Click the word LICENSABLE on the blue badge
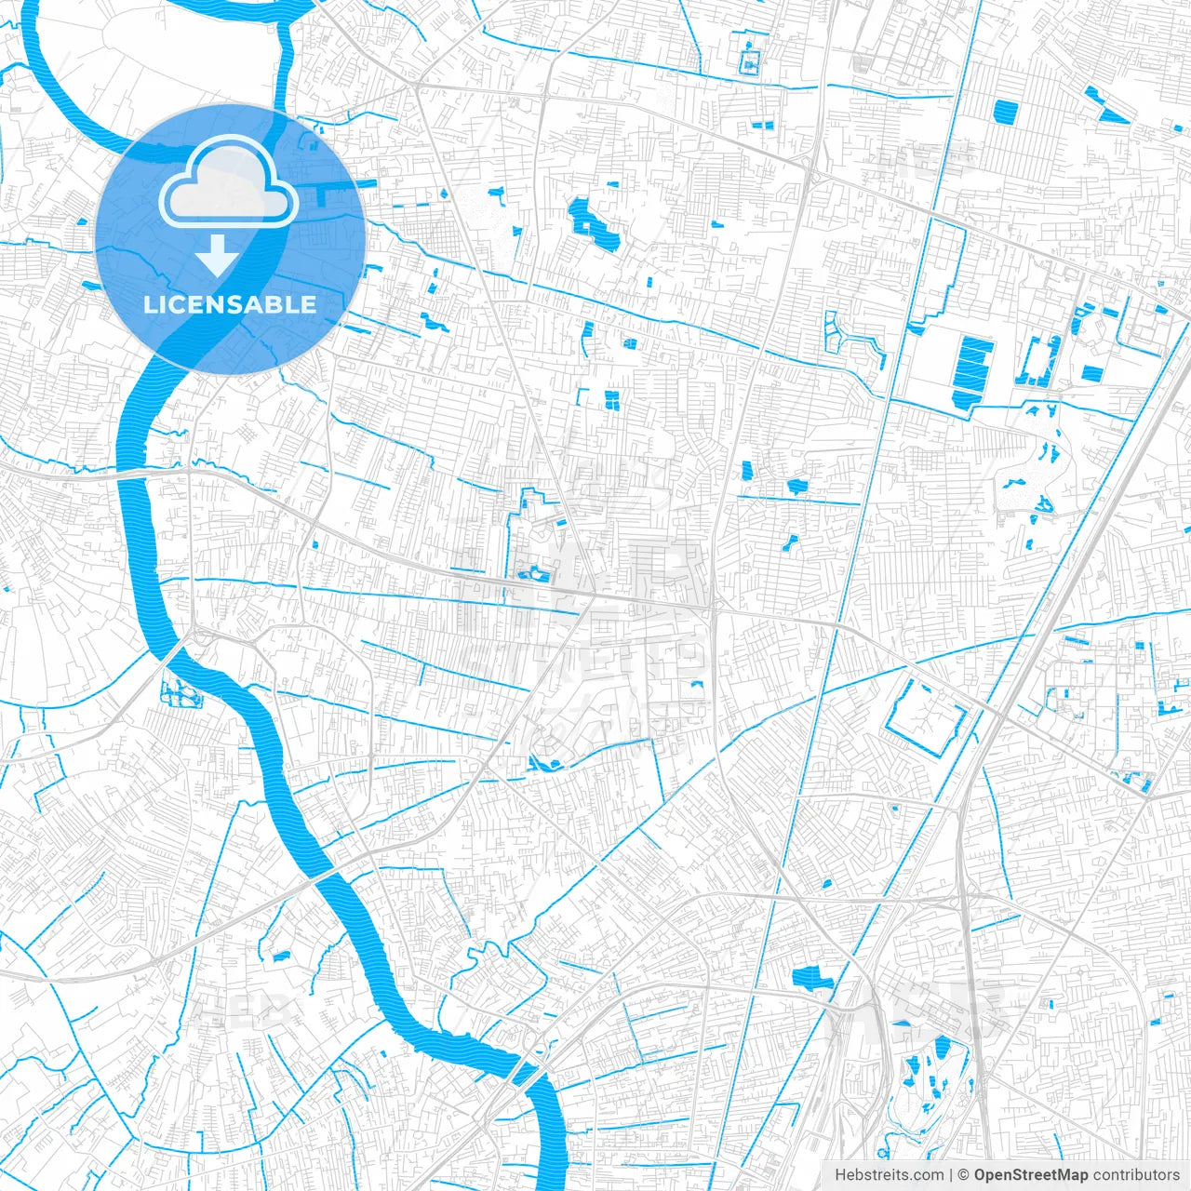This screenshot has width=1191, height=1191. [230, 304]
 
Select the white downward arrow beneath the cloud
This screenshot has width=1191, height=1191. [218, 256]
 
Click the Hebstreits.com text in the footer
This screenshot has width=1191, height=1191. [889, 1175]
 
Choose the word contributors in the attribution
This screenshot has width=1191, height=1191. [1136, 1175]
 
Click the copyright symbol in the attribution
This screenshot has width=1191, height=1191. [964, 1175]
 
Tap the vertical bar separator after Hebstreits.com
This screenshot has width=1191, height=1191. [951, 1175]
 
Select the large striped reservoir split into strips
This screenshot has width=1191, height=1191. [972, 368]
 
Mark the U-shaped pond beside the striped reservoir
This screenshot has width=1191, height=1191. [1040, 362]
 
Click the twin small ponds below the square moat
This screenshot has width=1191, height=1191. [761, 125]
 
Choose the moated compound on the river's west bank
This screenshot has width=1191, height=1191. [178, 691]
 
